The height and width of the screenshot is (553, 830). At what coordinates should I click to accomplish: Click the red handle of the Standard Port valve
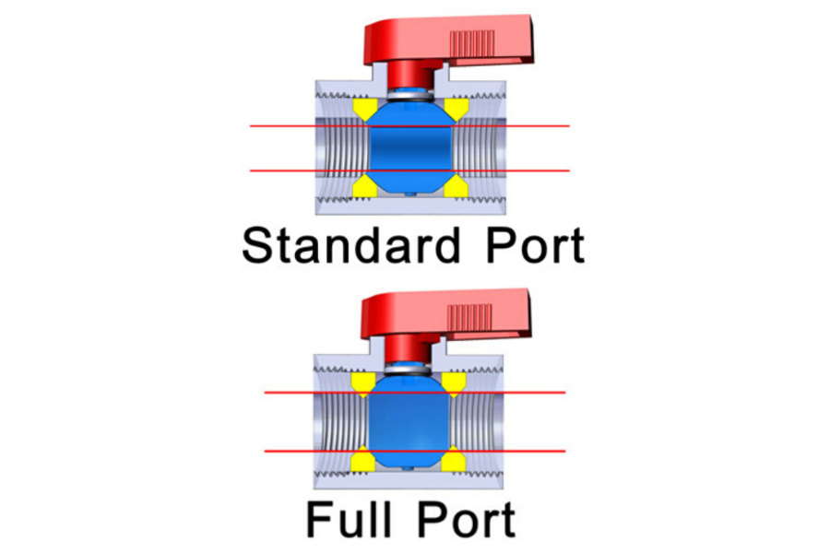click(443, 41)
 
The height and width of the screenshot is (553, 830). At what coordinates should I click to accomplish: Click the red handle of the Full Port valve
click(443, 318)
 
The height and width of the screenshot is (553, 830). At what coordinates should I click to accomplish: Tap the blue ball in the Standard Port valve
click(410, 147)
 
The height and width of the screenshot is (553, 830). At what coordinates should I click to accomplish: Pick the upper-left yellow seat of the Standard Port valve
click(365, 110)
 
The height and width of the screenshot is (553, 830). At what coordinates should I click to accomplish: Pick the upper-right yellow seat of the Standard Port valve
click(455, 110)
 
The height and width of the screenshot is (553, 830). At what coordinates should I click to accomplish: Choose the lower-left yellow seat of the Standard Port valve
click(365, 187)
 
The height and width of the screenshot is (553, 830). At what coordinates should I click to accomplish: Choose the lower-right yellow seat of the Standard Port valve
click(455, 187)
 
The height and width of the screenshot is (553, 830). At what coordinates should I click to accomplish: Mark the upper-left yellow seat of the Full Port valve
click(363, 381)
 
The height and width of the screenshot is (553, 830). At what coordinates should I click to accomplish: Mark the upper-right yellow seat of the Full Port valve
click(454, 381)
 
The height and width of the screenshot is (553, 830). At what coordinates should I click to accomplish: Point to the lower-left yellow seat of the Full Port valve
click(363, 458)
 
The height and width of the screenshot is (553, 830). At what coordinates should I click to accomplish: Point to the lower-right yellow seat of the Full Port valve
click(454, 458)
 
